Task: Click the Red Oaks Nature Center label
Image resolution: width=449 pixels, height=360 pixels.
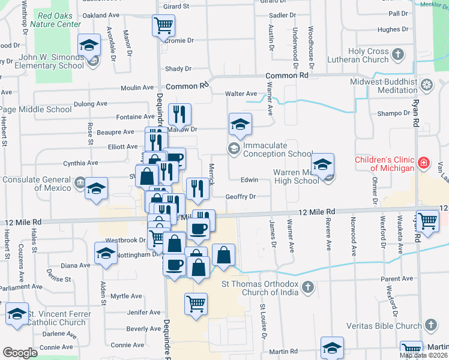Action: point(58,19)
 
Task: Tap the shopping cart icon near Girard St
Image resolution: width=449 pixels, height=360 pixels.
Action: point(164,26)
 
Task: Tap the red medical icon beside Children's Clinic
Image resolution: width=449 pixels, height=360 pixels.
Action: point(424,162)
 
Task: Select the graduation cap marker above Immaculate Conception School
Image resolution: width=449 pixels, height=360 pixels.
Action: point(240,125)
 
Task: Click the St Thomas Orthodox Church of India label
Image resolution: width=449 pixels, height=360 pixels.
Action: point(261,289)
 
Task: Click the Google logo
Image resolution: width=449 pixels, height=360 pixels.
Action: point(20,353)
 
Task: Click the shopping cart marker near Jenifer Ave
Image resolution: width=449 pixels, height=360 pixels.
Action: point(196,304)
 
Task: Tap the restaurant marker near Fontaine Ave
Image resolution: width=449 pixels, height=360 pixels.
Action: point(179,114)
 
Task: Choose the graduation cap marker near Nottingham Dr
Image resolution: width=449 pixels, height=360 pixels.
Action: point(106,253)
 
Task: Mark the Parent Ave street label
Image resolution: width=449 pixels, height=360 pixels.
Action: point(397,279)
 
